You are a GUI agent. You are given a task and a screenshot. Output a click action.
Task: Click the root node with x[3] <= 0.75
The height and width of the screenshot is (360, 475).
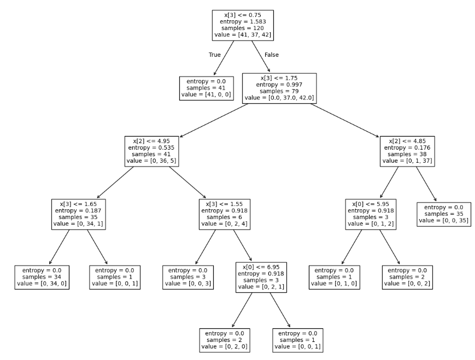(242, 25)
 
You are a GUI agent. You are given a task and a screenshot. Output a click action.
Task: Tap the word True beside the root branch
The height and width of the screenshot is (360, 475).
(215, 55)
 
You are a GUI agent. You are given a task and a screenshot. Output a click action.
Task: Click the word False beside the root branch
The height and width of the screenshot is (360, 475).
(272, 55)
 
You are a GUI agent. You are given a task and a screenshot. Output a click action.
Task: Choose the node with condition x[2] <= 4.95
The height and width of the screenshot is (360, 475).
(151, 151)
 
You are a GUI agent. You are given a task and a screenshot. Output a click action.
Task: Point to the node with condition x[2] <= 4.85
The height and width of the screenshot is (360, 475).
(408, 151)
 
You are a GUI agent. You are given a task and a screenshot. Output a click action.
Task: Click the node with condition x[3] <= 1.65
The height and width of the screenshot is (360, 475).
(78, 214)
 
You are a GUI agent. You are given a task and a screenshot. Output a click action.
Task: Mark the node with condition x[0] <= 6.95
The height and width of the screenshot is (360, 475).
(261, 278)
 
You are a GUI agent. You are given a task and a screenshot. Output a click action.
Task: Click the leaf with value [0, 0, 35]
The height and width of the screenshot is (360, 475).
(444, 214)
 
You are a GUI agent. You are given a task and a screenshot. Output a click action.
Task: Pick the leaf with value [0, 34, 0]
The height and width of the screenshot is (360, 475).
(42, 278)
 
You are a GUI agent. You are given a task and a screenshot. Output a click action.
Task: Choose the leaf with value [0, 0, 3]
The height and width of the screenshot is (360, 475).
(187, 278)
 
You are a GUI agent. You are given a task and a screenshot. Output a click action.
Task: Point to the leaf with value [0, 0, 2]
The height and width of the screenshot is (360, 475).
(407, 278)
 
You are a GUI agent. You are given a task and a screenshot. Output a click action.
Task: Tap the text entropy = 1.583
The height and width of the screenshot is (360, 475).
(242, 21)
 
